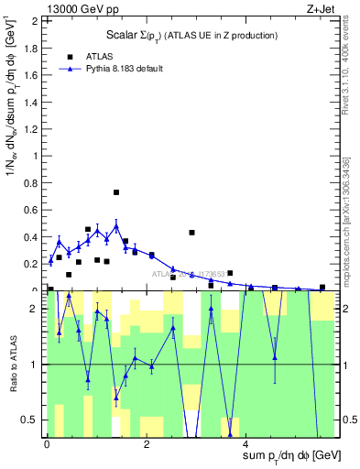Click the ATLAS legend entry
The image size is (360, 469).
[x=99, y=56]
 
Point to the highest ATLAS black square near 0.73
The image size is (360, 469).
[x=116, y=192]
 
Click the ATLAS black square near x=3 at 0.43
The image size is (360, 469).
[x=191, y=233]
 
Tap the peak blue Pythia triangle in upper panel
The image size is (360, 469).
[x=116, y=225]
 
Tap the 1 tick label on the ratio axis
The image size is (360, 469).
[x=36, y=365]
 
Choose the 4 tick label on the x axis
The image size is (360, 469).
[x=248, y=444]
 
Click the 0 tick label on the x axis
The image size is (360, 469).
[x=47, y=444]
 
